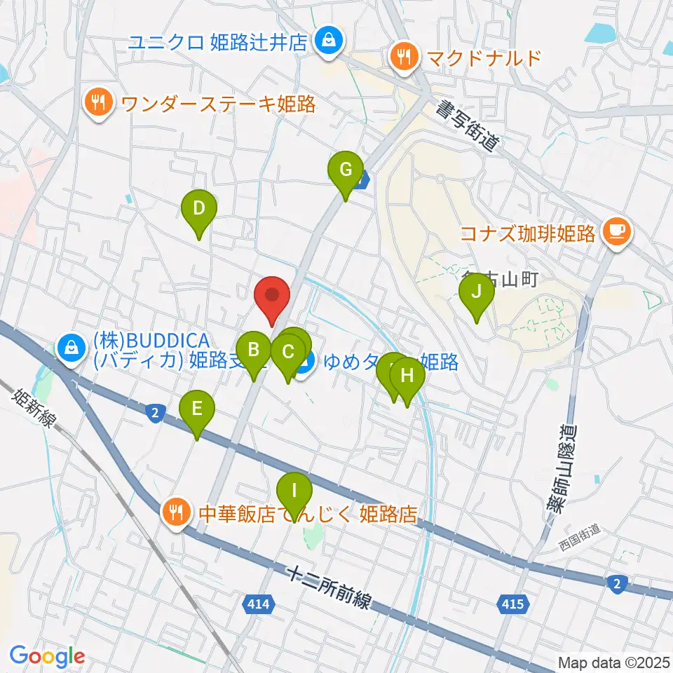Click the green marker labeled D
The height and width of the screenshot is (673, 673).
(x=198, y=210)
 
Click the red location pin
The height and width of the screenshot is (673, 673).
(x=272, y=297)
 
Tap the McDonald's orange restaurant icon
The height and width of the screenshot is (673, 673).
(x=404, y=56)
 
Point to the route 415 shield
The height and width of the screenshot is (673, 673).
(x=512, y=603)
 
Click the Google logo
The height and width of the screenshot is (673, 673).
(x=47, y=657)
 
